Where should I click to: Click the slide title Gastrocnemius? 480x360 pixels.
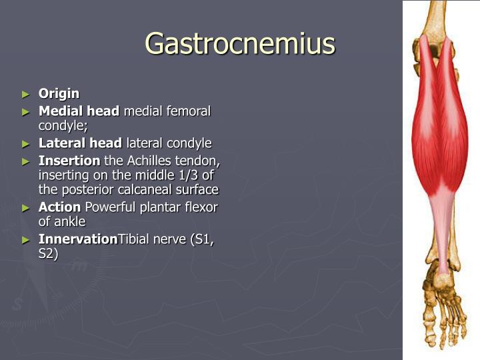click(240, 44)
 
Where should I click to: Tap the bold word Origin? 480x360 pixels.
click(59, 93)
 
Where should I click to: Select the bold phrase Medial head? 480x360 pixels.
click(79, 111)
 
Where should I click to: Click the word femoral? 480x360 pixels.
click(187, 111)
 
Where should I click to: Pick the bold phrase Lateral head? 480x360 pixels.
click(80, 143)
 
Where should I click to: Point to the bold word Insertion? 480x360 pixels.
click(69, 160)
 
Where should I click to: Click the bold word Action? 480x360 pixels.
click(60, 207)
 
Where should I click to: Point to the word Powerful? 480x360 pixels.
click(111, 207)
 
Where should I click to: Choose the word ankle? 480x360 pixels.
click(69, 221)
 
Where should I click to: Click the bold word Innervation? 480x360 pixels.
click(78, 239)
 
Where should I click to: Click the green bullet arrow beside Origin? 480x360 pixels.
click(26, 94)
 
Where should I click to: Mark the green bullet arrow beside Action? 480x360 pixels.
click(26, 207)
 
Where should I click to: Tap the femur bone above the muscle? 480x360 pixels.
click(437, 17)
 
